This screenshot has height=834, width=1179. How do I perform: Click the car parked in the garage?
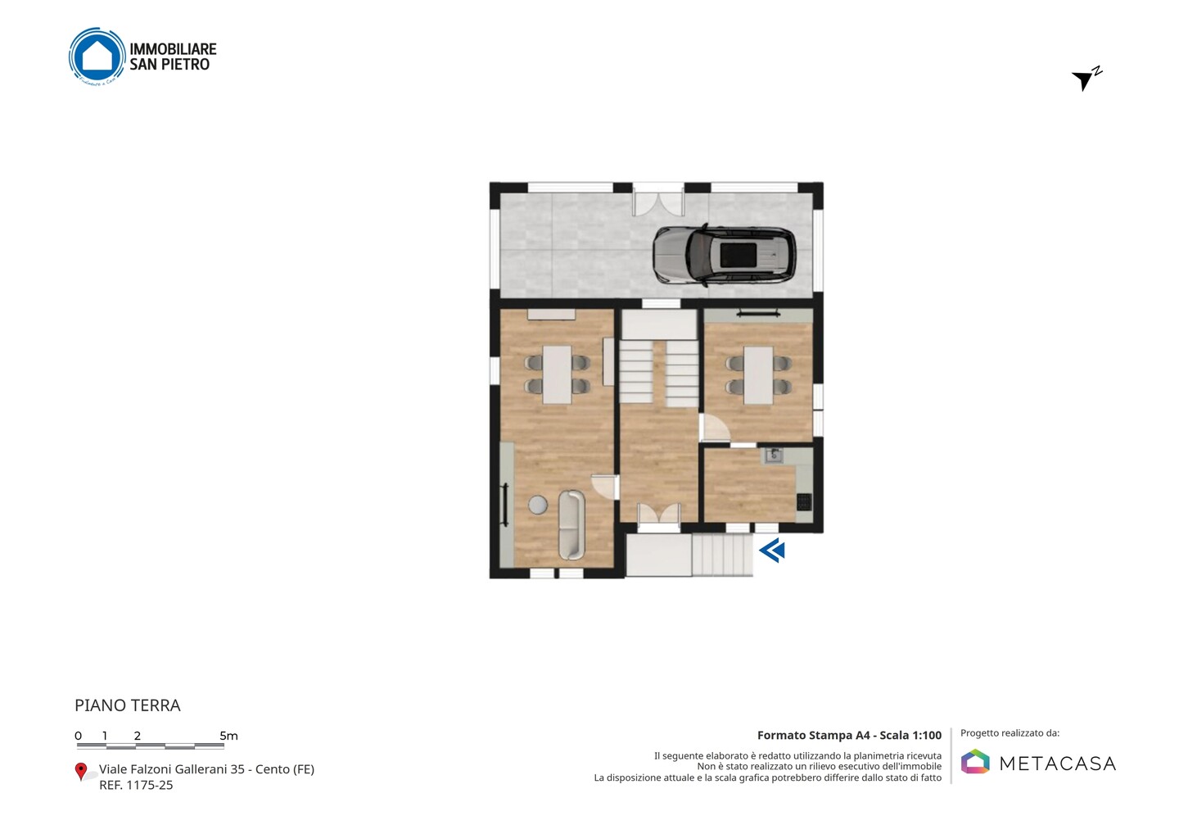coord(725,255)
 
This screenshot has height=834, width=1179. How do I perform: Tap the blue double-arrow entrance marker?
coord(772,551)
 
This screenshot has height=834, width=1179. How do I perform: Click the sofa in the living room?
coord(571,524)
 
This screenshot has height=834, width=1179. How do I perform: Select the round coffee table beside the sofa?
coord(538,505)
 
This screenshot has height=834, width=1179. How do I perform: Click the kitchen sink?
coord(773,455)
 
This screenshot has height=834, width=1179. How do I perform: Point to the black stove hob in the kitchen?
coord(804,501)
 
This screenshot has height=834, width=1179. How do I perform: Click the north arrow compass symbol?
coord(1086,79)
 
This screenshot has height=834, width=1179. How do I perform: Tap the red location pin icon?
coord(80,772)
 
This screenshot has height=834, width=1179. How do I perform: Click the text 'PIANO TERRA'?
coord(128,705)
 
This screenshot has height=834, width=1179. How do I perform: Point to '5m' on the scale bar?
coord(229,736)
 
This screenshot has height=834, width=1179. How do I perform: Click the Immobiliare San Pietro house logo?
coord(97,57)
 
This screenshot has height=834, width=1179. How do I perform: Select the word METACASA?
coord(1058,764)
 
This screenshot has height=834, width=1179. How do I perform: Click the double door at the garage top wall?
coord(658,198)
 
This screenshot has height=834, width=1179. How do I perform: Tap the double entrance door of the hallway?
coord(659,514)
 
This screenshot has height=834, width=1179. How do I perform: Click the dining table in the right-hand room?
coord(758,375)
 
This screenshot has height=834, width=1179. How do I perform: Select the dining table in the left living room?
coord(557,375)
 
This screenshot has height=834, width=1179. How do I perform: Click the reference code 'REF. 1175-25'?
coord(136,785)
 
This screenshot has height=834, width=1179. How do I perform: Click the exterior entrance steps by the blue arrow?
coord(721,555)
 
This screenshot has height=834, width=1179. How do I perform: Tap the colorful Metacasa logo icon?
coord(975,761)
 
